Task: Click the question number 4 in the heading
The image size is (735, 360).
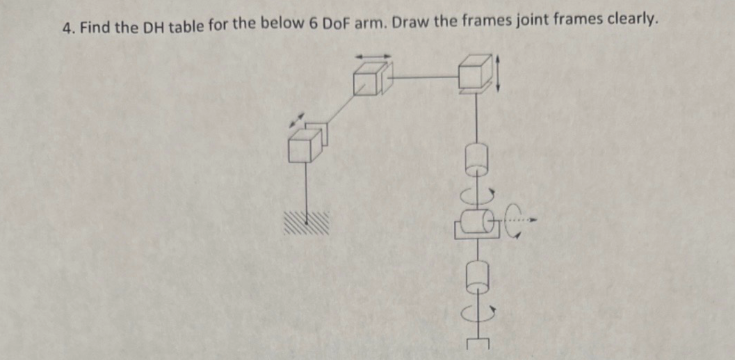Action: (x=67, y=28)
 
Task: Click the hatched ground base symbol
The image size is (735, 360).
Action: (x=306, y=223)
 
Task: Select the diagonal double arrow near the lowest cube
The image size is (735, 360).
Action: (x=297, y=120)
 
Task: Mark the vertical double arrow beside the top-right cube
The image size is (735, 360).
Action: (x=498, y=73)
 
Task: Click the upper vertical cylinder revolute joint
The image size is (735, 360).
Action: (x=476, y=159)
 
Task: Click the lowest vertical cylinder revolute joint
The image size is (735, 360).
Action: (x=477, y=277)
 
